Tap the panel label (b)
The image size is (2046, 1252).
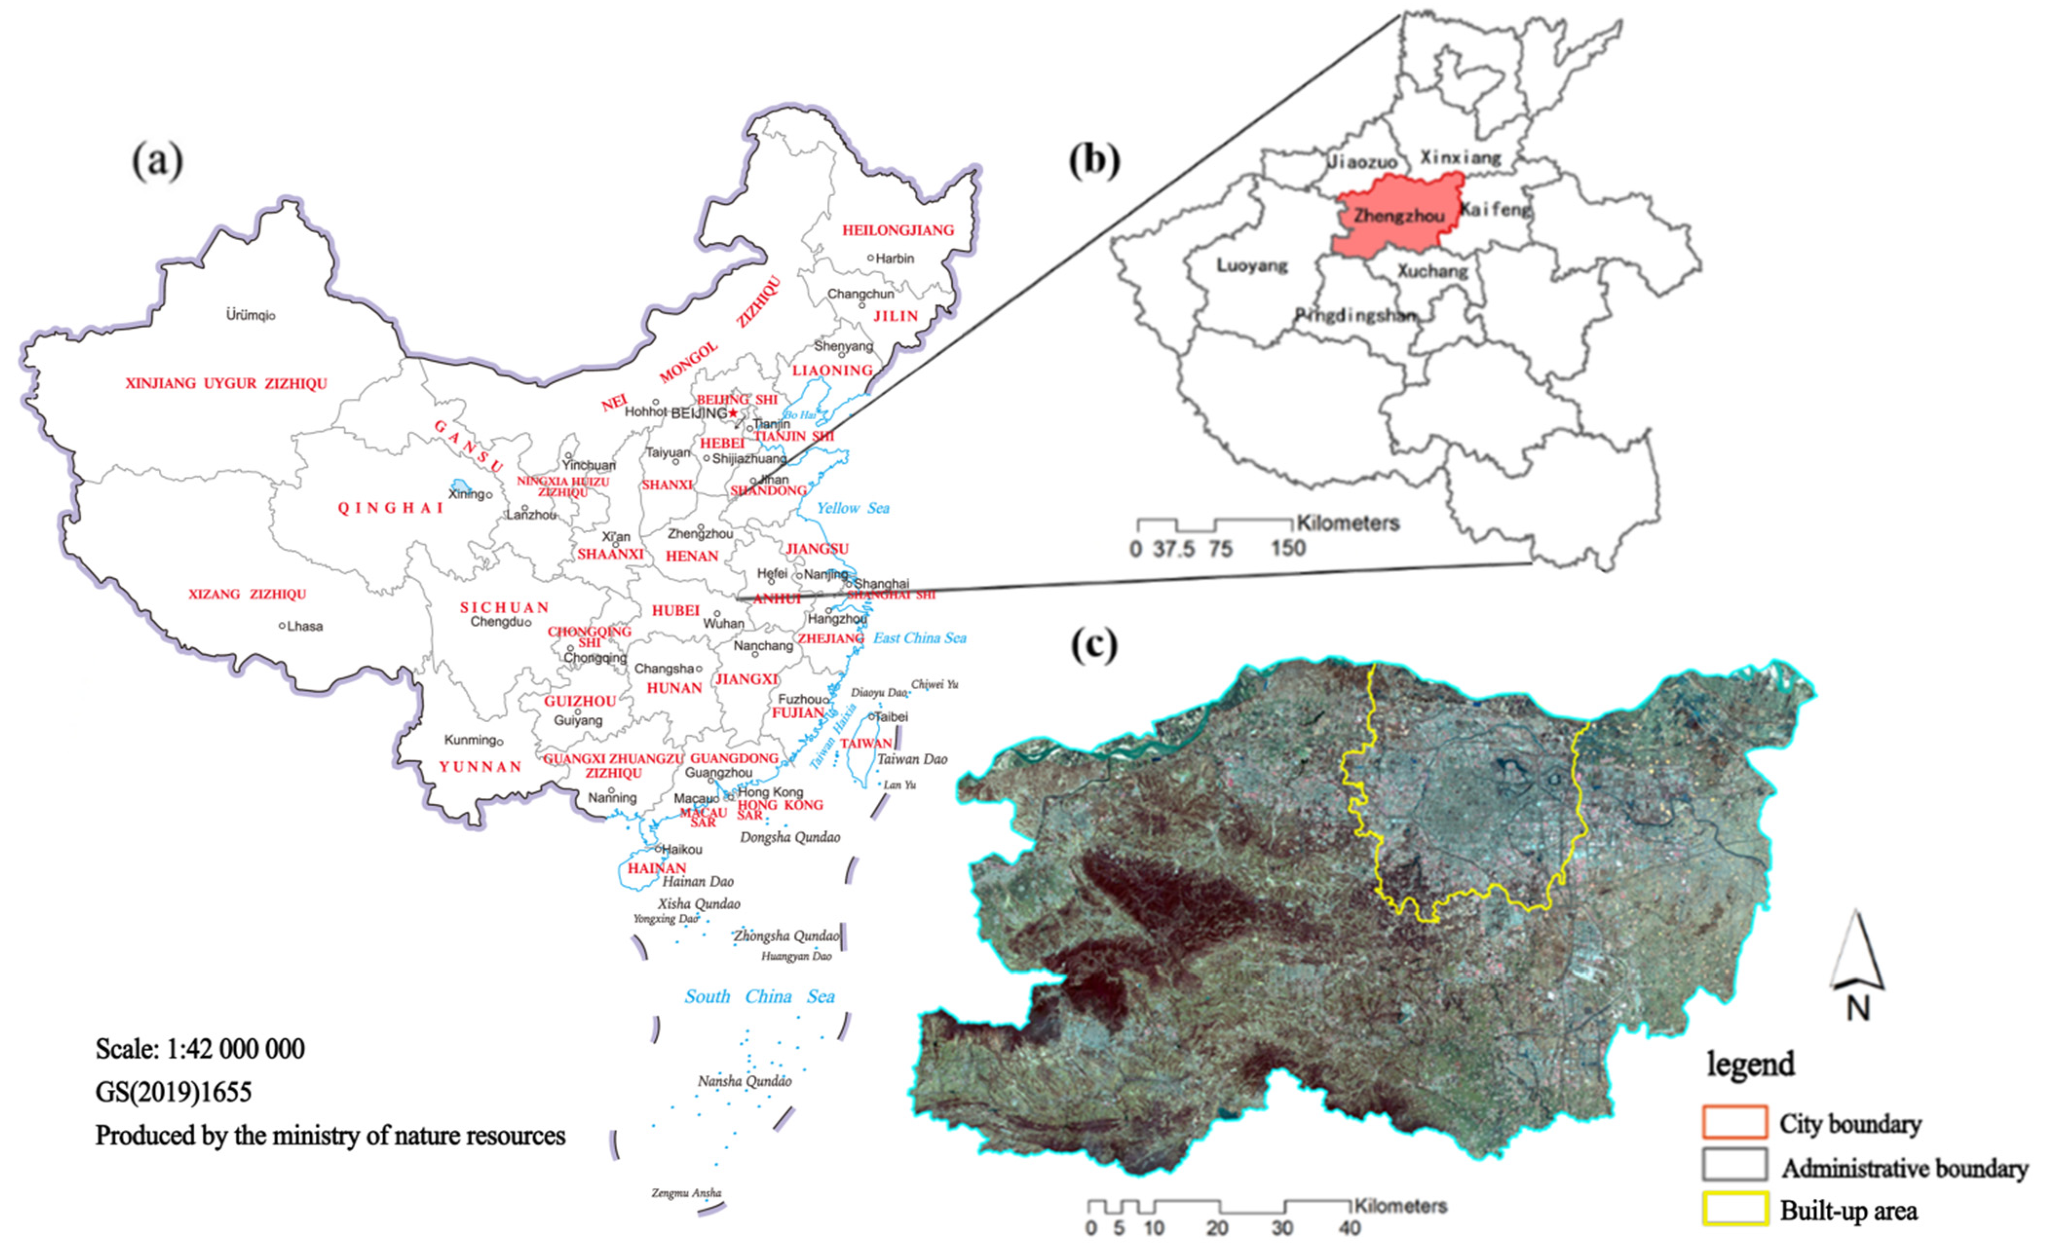[1095, 160]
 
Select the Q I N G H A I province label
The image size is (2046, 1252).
[390, 508]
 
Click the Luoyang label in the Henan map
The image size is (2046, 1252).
[1251, 266]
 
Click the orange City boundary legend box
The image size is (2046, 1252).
[1734, 1122]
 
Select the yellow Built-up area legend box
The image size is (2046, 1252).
[1734, 1210]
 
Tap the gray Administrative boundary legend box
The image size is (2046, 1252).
[1734, 1166]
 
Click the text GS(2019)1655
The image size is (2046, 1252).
[173, 1092]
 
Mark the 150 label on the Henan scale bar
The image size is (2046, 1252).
[1288, 548]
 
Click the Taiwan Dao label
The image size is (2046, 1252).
[912, 759]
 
